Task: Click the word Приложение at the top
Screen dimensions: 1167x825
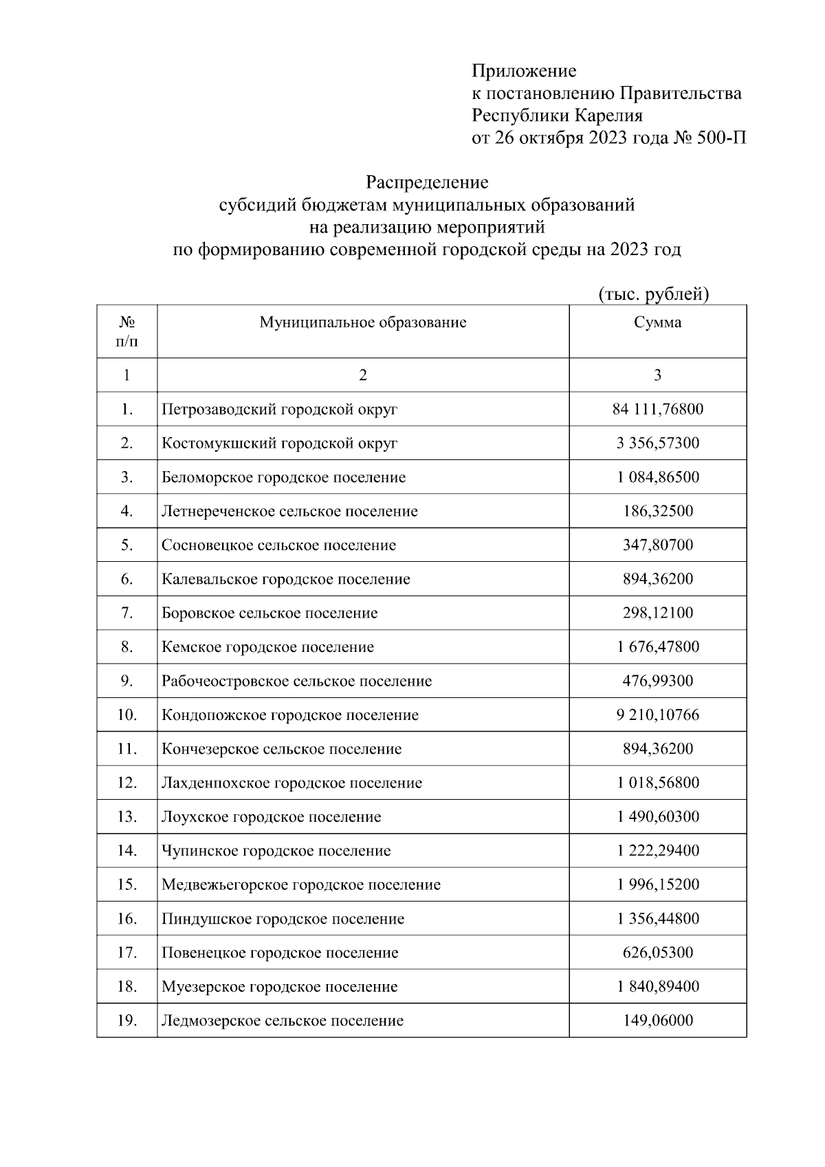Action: (524, 71)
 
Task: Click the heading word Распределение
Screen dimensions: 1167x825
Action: (426, 182)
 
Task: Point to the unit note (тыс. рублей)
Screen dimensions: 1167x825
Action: (653, 294)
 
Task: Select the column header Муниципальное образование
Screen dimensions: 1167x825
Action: (362, 323)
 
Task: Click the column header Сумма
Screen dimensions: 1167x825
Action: (657, 323)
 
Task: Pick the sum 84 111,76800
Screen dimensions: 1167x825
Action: (657, 410)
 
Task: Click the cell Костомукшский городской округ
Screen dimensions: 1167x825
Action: (279, 444)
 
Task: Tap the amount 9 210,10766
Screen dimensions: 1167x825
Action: (657, 715)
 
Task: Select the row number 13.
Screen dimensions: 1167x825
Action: (126, 817)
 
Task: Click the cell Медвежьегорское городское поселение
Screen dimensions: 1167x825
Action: (300, 885)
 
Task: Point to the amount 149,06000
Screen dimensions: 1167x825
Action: (657, 1021)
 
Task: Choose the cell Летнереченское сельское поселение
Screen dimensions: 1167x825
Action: (289, 512)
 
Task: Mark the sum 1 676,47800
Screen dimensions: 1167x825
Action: (657, 647)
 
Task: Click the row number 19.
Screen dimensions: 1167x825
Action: (126, 1021)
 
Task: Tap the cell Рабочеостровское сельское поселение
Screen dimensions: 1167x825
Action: (296, 681)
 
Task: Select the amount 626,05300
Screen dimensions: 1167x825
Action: (657, 953)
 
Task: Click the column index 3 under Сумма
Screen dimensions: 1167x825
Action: (657, 375)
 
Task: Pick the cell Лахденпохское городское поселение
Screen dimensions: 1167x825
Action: (291, 783)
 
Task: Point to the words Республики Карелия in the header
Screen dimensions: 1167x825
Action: (557, 116)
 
